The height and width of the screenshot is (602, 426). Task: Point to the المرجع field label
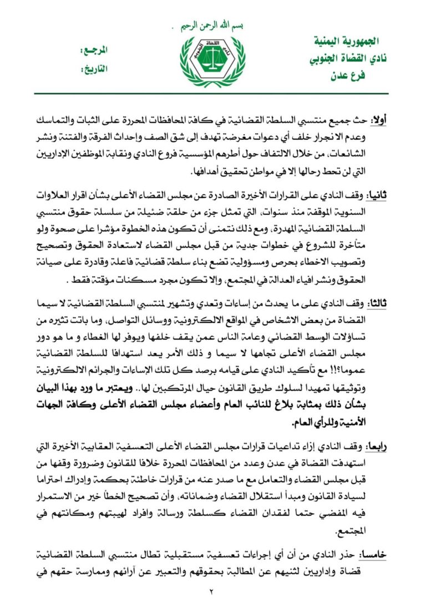pos(94,50)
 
